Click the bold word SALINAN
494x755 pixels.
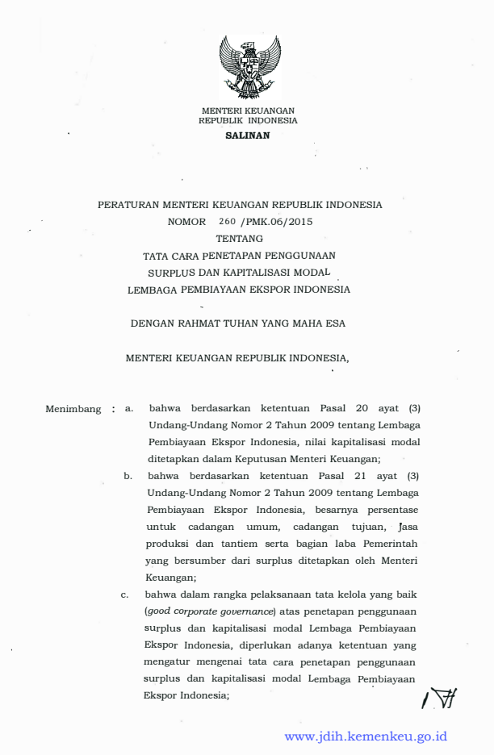[x=248, y=135]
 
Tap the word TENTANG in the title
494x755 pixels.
[x=239, y=238]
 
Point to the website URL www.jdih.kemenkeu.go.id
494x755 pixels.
[x=366, y=736]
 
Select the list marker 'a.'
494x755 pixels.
[x=128, y=409]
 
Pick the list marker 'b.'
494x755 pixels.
[x=128, y=476]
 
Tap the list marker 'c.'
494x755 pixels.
[x=125, y=595]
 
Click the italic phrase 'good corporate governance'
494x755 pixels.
[x=211, y=611]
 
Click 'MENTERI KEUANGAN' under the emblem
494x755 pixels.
[x=248, y=111]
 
